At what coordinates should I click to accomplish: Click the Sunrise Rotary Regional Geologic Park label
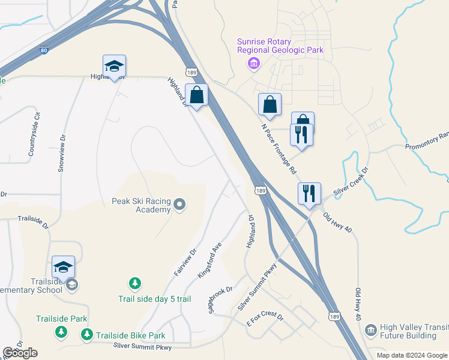point(280,46)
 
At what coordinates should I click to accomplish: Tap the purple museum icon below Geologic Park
point(255,64)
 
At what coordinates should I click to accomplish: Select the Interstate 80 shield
point(44,52)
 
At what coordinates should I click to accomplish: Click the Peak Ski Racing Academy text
point(142,205)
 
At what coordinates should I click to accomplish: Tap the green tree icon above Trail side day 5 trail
point(136,283)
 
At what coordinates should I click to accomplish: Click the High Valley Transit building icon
point(370,330)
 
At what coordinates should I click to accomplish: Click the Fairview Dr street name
point(185,263)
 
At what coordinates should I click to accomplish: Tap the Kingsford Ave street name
point(210,260)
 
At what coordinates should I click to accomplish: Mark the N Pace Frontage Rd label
point(279,150)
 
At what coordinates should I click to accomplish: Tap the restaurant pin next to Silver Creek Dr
point(309,194)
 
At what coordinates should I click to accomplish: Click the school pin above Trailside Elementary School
point(64,268)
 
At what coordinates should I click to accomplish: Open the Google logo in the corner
point(21,353)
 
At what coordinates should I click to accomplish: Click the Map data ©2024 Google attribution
point(412,355)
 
